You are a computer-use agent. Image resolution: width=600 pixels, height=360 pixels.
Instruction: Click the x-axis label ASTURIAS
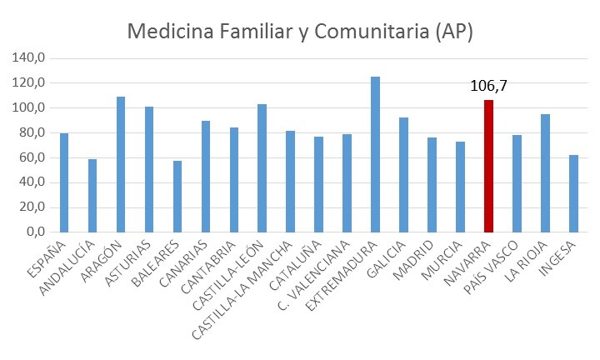tap(131, 261)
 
